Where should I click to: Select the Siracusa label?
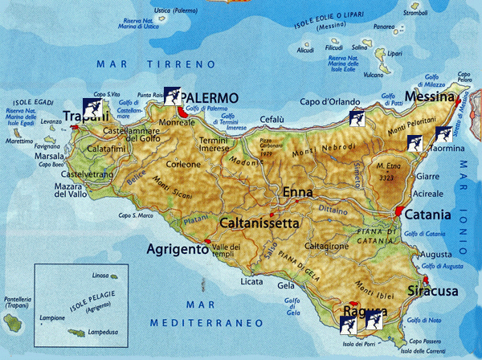coord(431,290)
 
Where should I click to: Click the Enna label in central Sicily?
coord(298,193)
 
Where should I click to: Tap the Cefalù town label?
coord(274,119)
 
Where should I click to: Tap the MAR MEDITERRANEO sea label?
coord(207,314)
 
